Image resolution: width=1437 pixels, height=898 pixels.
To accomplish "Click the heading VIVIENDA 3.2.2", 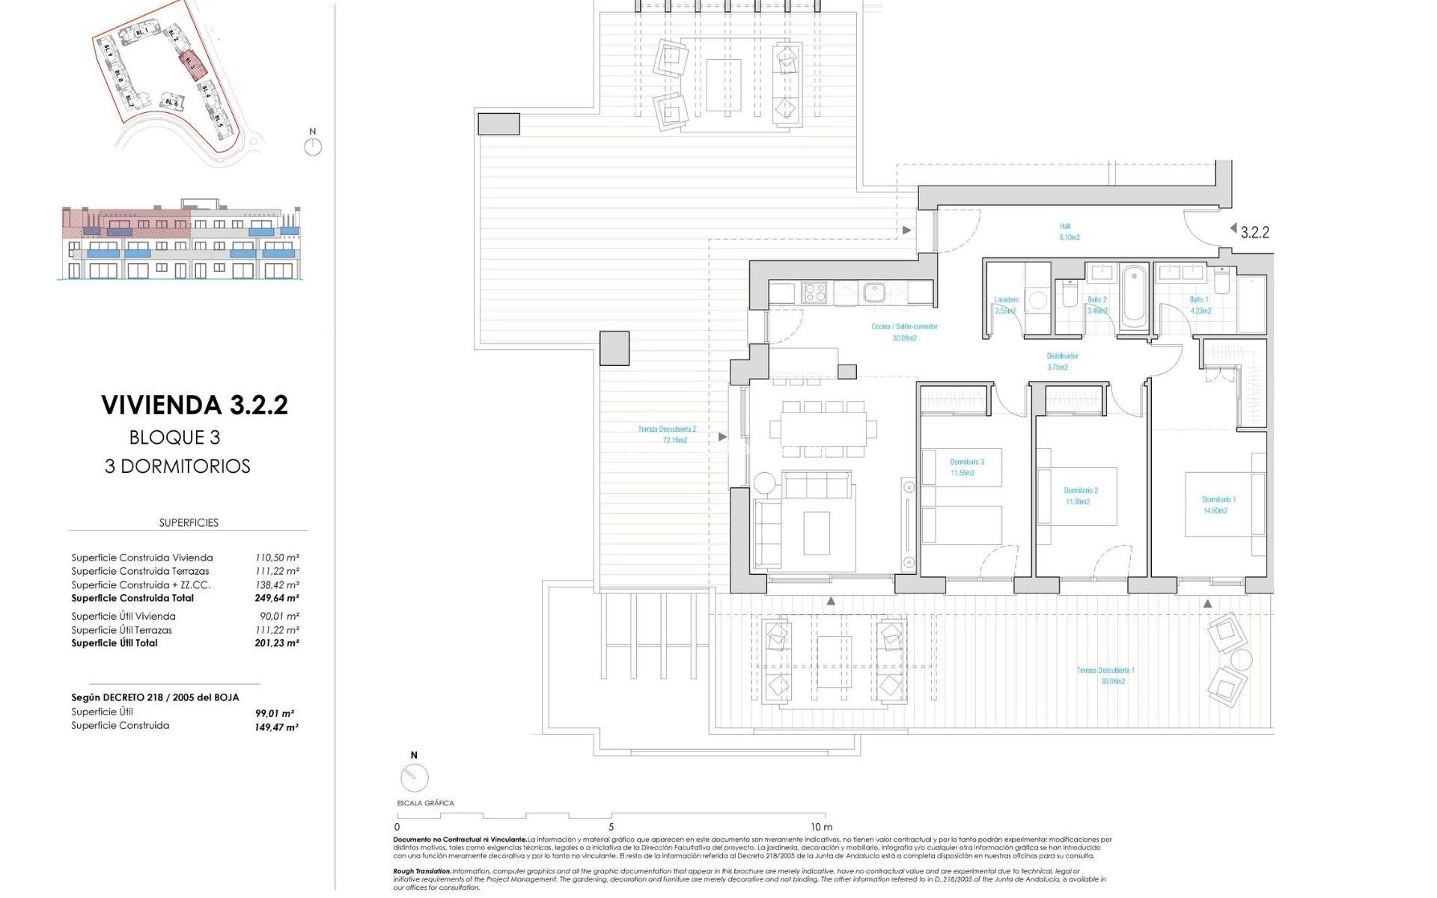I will (x=195, y=405).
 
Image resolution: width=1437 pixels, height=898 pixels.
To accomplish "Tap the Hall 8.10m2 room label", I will (x=1068, y=232).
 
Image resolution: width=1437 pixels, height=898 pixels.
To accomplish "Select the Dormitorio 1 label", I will (x=1218, y=505).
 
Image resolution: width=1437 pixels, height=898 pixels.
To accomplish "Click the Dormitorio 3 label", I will (x=966, y=467).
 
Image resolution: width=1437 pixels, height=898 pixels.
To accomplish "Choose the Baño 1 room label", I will (x=1200, y=305).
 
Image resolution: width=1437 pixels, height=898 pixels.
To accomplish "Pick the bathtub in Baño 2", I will (x=1135, y=296).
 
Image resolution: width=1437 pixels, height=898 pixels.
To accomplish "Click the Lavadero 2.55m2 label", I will (x=1006, y=305).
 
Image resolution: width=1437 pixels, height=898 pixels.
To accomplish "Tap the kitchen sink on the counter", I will (x=874, y=292).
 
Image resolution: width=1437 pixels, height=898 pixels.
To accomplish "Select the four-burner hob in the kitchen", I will (x=814, y=292).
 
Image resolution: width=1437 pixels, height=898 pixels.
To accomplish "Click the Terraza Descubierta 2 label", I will (x=667, y=435).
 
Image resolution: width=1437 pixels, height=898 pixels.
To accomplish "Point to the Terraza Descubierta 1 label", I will (x=1105, y=676).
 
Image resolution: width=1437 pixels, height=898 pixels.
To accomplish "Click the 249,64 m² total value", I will (x=277, y=598).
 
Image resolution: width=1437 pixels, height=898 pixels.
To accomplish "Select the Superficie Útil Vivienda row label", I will (x=123, y=616).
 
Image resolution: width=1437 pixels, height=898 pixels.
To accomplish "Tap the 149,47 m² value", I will (x=277, y=727).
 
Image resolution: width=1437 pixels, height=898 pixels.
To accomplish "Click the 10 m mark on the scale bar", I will (x=821, y=827).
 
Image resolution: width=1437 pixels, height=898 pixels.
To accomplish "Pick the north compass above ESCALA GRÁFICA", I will (x=414, y=778).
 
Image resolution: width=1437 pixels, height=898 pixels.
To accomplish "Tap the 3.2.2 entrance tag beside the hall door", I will (x=1254, y=233).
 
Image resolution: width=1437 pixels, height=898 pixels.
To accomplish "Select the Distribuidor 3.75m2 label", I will (x=1062, y=361).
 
